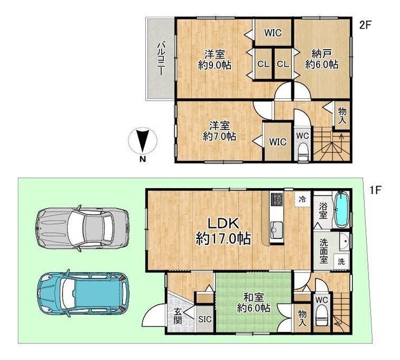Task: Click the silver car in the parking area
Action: coord(82,228)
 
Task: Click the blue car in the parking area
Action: coord(83,293)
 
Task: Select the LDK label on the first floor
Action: coord(223,223)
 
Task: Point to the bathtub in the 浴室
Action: coord(342,209)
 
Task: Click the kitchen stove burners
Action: coord(277,199)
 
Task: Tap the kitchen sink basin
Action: coord(277,228)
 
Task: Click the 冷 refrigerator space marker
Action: coord(302,199)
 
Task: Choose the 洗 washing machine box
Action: coord(341,261)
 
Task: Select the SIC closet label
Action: coord(205,319)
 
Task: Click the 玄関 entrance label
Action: coord(177,316)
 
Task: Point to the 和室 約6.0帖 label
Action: coord(254,303)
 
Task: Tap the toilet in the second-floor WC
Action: coord(303,151)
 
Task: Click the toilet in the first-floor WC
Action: coord(322,319)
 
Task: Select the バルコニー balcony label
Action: coord(161,59)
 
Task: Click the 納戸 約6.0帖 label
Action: coord(322,59)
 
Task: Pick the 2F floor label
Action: coord(365,25)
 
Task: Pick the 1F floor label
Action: coord(375,190)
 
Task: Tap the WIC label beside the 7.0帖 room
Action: coord(277,142)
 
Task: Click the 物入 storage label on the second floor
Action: coord(342,116)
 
